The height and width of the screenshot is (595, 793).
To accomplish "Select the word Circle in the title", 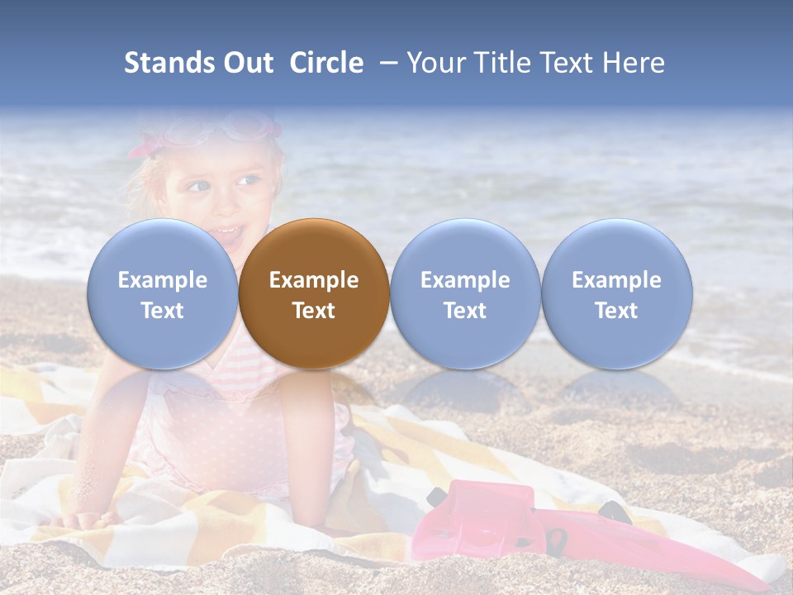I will [326, 63].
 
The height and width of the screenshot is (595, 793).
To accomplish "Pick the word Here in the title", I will [633, 63].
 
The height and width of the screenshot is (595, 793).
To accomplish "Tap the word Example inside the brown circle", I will [314, 280].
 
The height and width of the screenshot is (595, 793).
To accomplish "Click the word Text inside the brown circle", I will [314, 311].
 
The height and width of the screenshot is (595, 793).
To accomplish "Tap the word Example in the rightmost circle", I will [617, 280].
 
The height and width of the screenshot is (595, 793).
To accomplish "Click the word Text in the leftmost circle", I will [162, 311].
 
